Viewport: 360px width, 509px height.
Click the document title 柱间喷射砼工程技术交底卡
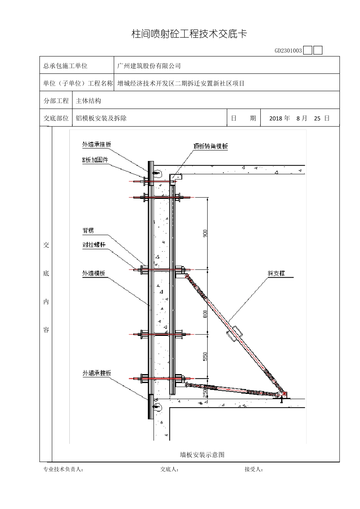[189, 34]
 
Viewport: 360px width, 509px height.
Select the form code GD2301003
[288, 50]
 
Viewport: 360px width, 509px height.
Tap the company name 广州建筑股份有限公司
[149, 66]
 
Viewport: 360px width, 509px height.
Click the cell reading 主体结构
[89, 101]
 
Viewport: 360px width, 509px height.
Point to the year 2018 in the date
[275, 118]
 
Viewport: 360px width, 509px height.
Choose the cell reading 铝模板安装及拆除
[101, 118]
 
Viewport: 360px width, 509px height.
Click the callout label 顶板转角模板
[211, 147]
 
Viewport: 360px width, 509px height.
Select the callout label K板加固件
[95, 160]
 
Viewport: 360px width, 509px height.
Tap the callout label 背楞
[88, 230]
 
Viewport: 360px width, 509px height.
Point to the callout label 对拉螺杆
[94, 245]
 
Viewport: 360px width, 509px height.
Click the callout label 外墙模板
[94, 273]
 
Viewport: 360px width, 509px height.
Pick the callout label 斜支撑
[276, 273]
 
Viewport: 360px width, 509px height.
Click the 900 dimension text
[205, 233]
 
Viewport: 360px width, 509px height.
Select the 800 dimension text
[205, 314]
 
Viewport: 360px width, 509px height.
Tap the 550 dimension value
[205, 356]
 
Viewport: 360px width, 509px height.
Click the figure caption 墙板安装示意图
[202, 454]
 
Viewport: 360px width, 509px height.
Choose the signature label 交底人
[169, 470]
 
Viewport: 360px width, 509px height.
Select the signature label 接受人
[254, 470]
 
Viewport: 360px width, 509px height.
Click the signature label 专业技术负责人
[63, 470]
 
